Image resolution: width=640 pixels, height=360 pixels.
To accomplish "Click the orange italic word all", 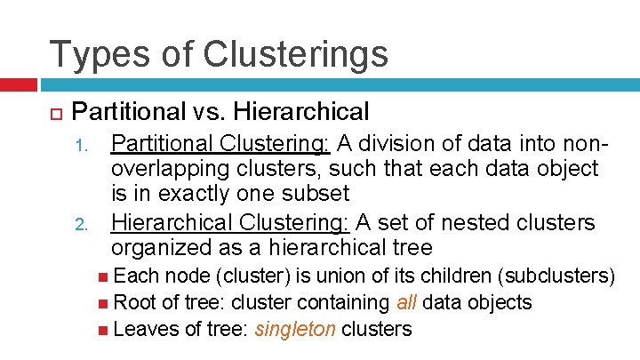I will click(x=406, y=303).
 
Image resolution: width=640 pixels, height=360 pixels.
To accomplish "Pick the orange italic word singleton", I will click(x=295, y=330).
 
